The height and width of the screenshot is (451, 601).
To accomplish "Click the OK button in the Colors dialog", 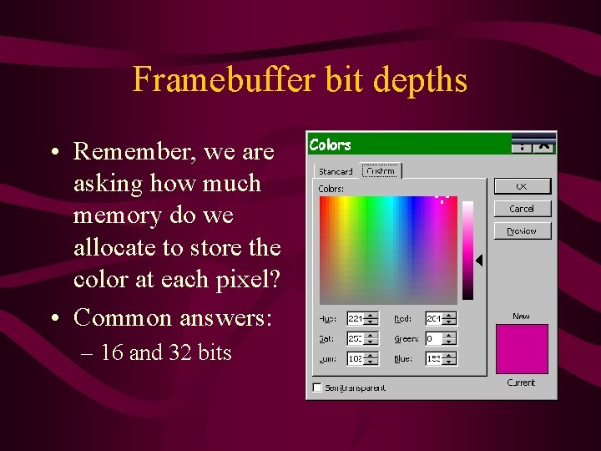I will (522, 185).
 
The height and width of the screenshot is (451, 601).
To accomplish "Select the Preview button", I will (522, 231).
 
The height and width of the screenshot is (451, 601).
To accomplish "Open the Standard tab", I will (335, 171).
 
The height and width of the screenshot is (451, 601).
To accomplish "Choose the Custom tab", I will (381, 170).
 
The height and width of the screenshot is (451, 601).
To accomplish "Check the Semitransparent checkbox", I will (317, 388).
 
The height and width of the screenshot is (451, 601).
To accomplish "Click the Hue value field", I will (354, 318).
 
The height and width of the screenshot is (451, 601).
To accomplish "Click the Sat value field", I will (354, 338).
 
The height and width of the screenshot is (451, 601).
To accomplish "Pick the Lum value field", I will (354, 358).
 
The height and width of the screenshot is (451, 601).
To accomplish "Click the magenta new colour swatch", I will (522, 349).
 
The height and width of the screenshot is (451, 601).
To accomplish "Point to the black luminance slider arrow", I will (479, 261).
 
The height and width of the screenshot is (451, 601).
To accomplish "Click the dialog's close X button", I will (544, 145).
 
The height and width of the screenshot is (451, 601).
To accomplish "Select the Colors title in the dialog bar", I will (331, 144).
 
